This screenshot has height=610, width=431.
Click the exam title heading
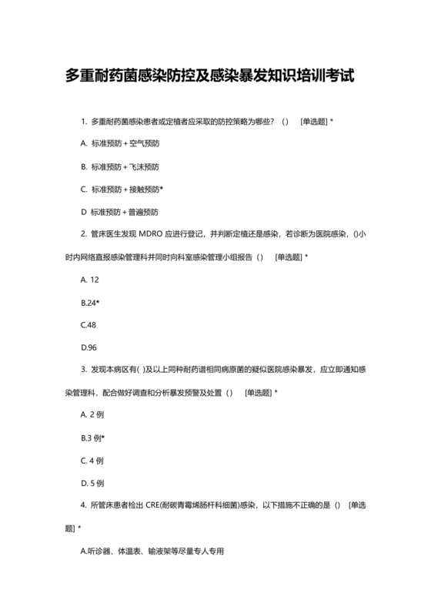(215, 77)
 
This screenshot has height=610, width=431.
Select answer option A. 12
(89, 279)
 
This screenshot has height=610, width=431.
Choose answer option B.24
(90, 302)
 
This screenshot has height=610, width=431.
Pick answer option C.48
(89, 324)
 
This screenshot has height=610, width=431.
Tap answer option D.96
(89, 347)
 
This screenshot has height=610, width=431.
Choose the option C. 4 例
(92, 461)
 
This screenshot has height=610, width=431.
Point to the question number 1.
(82, 122)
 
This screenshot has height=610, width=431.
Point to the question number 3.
(82, 370)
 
